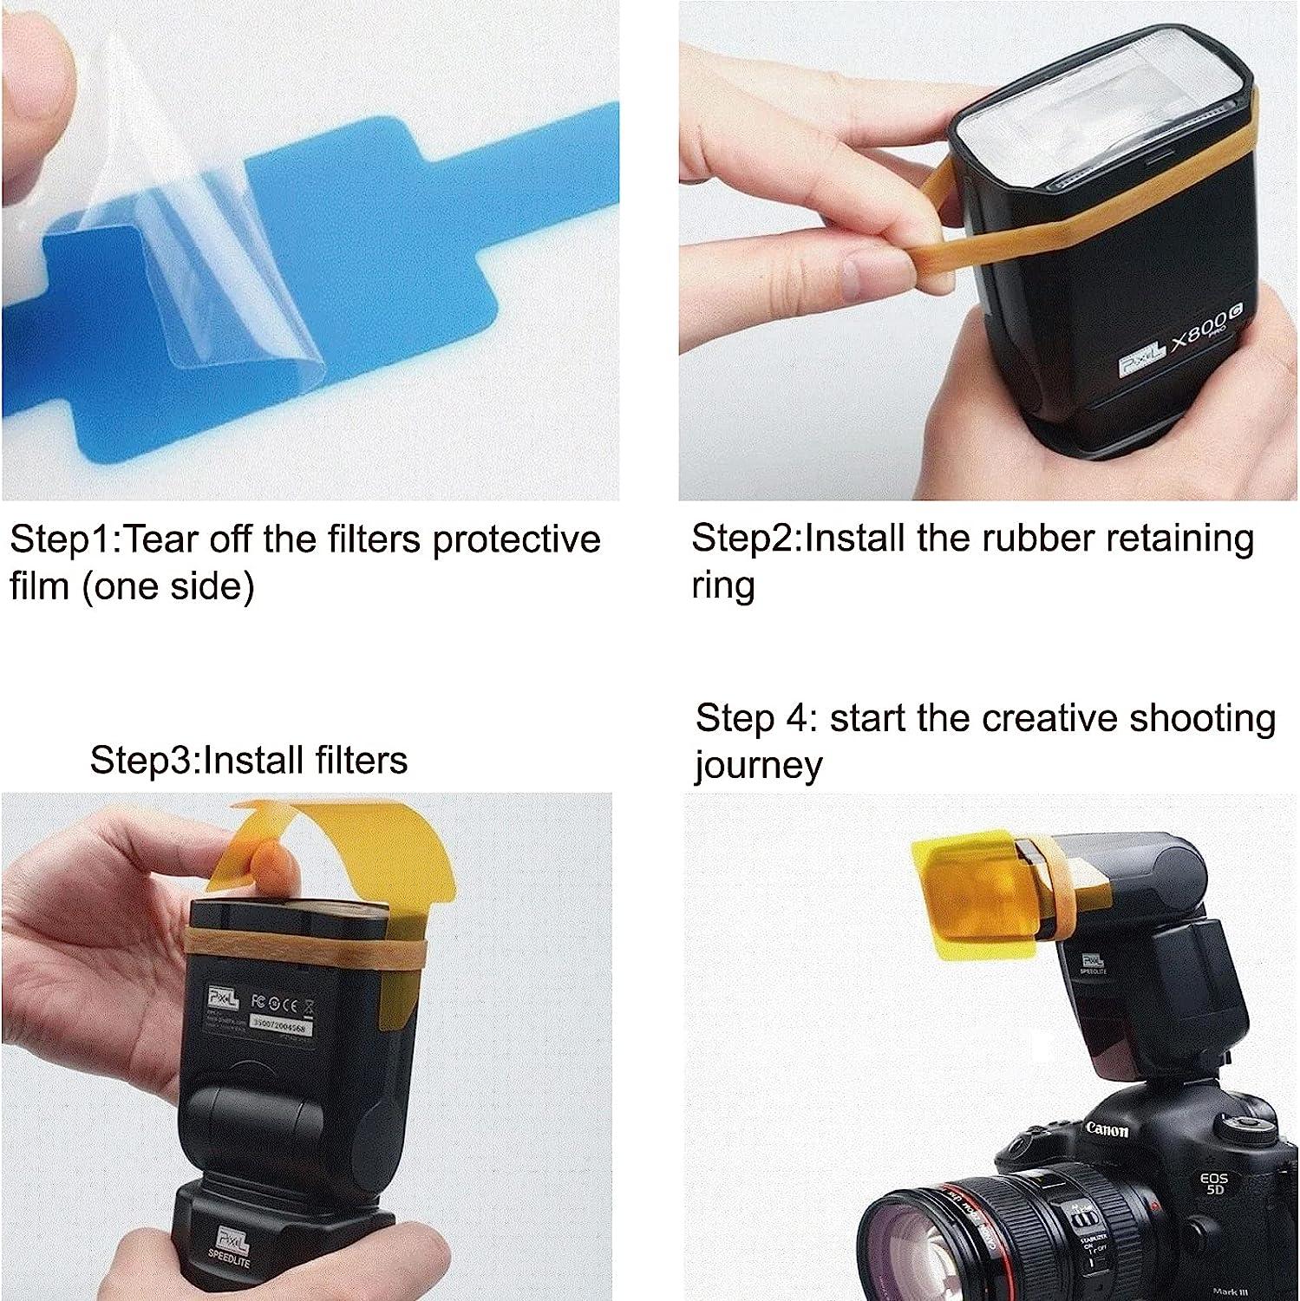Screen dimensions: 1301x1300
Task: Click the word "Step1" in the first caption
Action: pos(61,540)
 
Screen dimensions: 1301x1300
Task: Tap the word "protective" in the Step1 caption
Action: pos(516,540)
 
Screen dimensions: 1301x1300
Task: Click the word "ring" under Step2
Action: pos(722,586)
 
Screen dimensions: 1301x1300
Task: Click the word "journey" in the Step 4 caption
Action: pos(758,766)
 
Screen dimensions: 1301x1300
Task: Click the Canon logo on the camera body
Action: pos(1107,1129)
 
